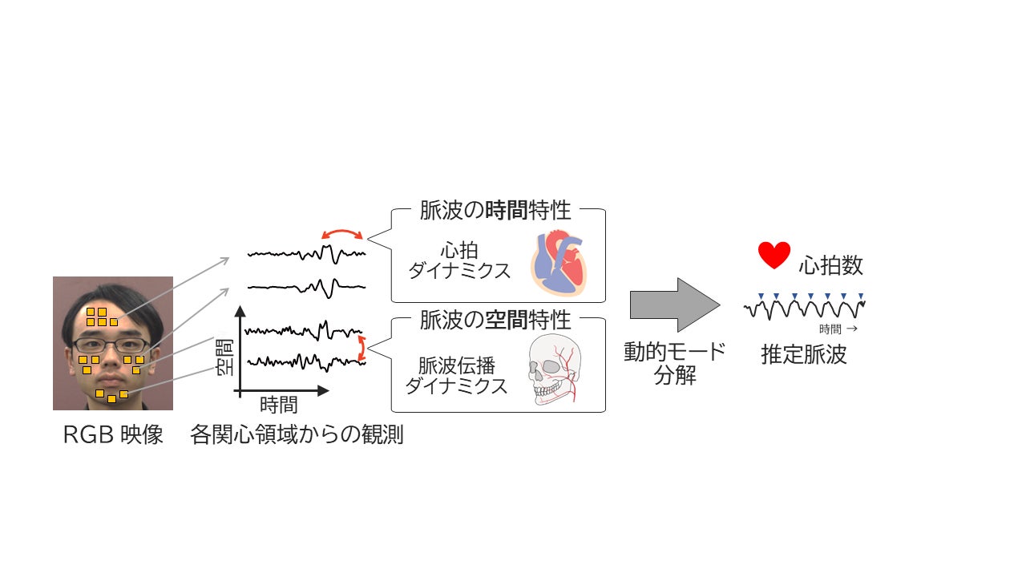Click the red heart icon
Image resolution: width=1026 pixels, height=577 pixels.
pos(774,256)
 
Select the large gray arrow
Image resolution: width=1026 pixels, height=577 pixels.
pos(674,305)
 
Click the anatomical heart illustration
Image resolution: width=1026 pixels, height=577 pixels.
pos(559,260)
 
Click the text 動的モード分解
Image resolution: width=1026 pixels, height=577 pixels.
pos(674,363)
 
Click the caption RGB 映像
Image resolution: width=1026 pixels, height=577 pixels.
pos(113,435)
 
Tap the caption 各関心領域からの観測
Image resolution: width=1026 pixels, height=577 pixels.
pos(297,435)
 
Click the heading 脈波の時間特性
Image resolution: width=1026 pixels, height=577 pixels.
pos(495,211)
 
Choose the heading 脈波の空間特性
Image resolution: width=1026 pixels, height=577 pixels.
pos(495,320)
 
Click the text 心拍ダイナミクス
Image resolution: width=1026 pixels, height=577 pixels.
pos(459,260)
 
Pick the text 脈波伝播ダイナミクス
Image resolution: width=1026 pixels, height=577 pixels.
pos(456,376)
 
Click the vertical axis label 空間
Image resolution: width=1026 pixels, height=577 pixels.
pos(225,357)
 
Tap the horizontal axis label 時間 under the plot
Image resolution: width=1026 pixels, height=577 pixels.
pos(278,405)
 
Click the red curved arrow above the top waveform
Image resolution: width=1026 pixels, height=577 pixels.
pos(341,232)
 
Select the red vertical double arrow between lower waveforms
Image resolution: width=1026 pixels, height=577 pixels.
pos(362,347)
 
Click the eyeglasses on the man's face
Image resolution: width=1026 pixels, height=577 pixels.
pos(111,345)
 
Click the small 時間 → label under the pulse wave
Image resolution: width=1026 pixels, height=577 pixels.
pos(838,329)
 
